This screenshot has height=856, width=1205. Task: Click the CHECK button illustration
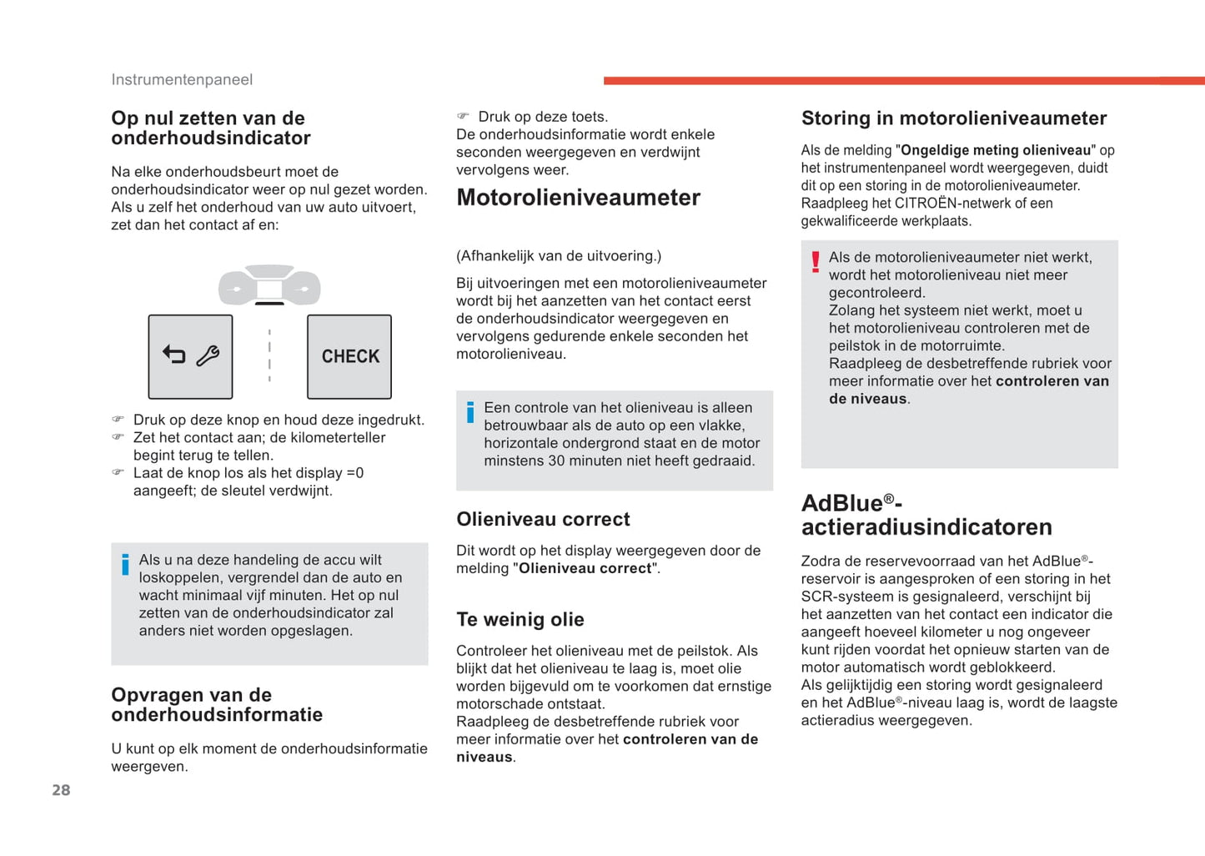point(349,356)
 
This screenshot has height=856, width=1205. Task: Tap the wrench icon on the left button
point(208,356)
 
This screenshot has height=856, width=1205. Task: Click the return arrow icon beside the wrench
point(173,355)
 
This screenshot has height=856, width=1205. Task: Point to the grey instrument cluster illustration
point(269,285)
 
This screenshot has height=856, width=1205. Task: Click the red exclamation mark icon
point(816,262)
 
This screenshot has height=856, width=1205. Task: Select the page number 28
point(61,790)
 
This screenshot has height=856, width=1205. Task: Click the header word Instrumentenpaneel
point(182,79)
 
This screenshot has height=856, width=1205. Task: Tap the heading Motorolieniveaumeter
point(578,198)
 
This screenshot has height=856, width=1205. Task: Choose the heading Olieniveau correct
point(543,519)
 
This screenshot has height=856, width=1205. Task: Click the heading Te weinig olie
point(520,619)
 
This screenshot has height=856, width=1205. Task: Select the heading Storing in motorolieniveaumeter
point(953,118)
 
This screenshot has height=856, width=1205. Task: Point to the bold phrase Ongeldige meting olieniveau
point(996,150)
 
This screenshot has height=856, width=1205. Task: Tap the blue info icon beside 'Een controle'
point(470,411)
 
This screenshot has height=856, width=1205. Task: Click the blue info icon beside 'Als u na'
point(125,564)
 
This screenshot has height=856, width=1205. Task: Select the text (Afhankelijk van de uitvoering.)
point(558,256)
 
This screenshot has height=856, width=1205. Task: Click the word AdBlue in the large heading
point(842,503)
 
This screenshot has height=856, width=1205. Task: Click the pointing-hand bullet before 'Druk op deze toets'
point(463,116)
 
